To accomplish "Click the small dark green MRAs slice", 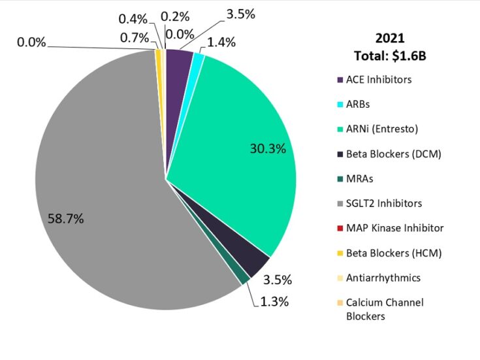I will coord(243,278).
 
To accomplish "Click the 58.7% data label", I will coord(65,219).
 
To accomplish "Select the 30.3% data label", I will coord(268,148).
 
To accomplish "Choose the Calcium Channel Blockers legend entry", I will coord(384,309).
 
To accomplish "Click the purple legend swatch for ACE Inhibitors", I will coord(340,80).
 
